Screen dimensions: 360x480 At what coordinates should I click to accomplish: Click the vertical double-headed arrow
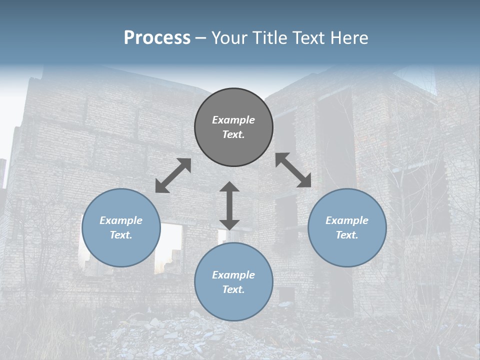pos(229,205)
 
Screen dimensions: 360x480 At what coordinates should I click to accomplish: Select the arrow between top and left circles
pos(173,175)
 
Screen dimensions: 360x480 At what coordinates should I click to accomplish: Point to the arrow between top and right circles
pos(293,170)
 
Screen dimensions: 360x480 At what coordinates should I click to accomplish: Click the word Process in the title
pos(157,37)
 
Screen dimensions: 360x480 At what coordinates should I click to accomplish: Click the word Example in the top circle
pos(233,120)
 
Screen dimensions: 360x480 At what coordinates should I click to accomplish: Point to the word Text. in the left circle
pos(121,235)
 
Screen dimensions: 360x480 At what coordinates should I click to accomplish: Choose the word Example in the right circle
pos(347,220)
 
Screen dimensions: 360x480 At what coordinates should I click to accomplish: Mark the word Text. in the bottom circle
pos(233,289)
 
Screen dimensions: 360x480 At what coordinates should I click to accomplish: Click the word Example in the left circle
pos(121,220)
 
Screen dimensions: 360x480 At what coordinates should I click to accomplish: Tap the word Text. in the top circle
pos(233,134)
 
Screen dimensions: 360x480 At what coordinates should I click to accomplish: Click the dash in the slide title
pos(201,38)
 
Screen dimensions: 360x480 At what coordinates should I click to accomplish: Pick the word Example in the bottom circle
pos(233,275)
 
